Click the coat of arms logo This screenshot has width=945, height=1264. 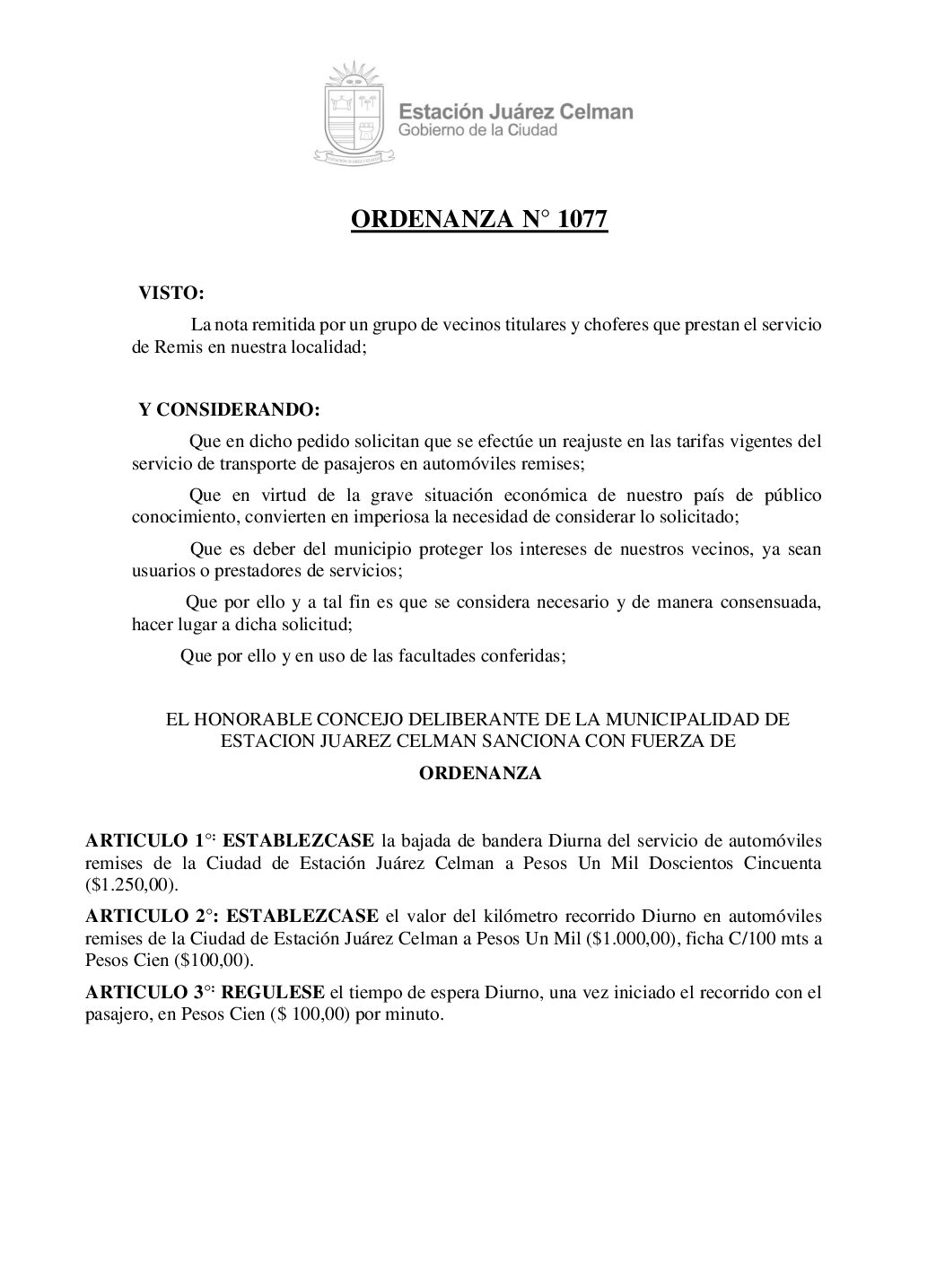click(353, 112)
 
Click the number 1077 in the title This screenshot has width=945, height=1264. click(582, 220)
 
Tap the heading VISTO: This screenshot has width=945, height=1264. click(171, 294)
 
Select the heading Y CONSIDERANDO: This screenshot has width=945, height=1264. click(229, 410)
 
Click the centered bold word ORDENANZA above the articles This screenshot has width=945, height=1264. click(480, 773)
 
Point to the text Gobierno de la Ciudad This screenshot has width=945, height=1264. click(477, 131)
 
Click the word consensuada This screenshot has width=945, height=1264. click(772, 601)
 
